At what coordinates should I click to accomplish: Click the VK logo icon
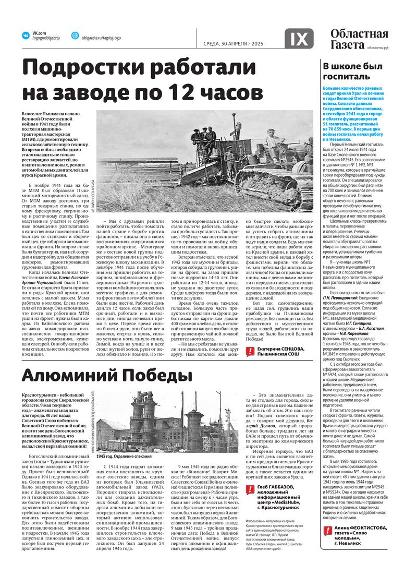(24, 35)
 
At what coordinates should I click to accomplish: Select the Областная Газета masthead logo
(359, 40)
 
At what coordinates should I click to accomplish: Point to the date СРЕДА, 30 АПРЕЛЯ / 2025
(232, 43)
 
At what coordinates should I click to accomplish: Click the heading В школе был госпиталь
(346, 71)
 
